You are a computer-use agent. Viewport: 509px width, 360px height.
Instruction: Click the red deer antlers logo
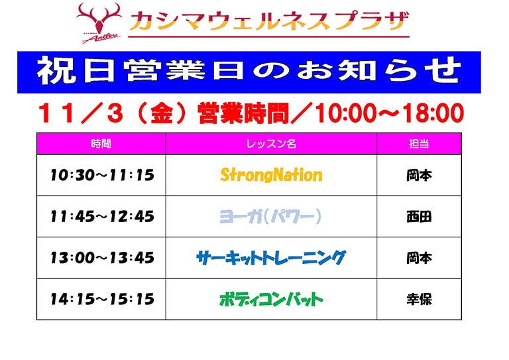click(x=99, y=22)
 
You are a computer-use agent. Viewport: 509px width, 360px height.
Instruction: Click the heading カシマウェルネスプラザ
click(x=269, y=21)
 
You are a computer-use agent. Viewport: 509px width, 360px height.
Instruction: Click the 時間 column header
click(x=101, y=143)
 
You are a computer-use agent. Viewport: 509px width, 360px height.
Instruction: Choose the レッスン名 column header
click(x=270, y=143)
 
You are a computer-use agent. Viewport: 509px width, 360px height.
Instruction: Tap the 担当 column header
click(x=418, y=143)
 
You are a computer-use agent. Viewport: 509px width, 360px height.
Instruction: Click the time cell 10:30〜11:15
click(x=101, y=175)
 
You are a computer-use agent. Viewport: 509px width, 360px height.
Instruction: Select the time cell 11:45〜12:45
click(x=101, y=216)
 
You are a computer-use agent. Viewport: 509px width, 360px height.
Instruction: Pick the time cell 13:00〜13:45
click(x=101, y=257)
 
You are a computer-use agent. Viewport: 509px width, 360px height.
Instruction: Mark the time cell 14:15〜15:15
click(x=101, y=299)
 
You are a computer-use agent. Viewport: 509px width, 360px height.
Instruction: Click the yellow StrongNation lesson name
click(x=271, y=175)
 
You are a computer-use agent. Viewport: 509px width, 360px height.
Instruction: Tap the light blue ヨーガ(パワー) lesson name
click(x=270, y=216)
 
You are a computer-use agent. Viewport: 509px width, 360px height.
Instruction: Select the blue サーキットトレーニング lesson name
click(x=271, y=257)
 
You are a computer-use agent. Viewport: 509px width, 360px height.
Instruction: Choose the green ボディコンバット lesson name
click(x=271, y=299)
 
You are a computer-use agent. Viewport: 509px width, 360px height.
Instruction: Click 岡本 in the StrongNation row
click(x=419, y=175)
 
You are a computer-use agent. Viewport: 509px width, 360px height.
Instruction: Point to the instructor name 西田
click(x=419, y=216)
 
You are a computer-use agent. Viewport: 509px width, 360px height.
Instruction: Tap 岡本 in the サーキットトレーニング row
click(x=419, y=257)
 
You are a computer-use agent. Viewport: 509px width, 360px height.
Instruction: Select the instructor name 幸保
click(x=419, y=299)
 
